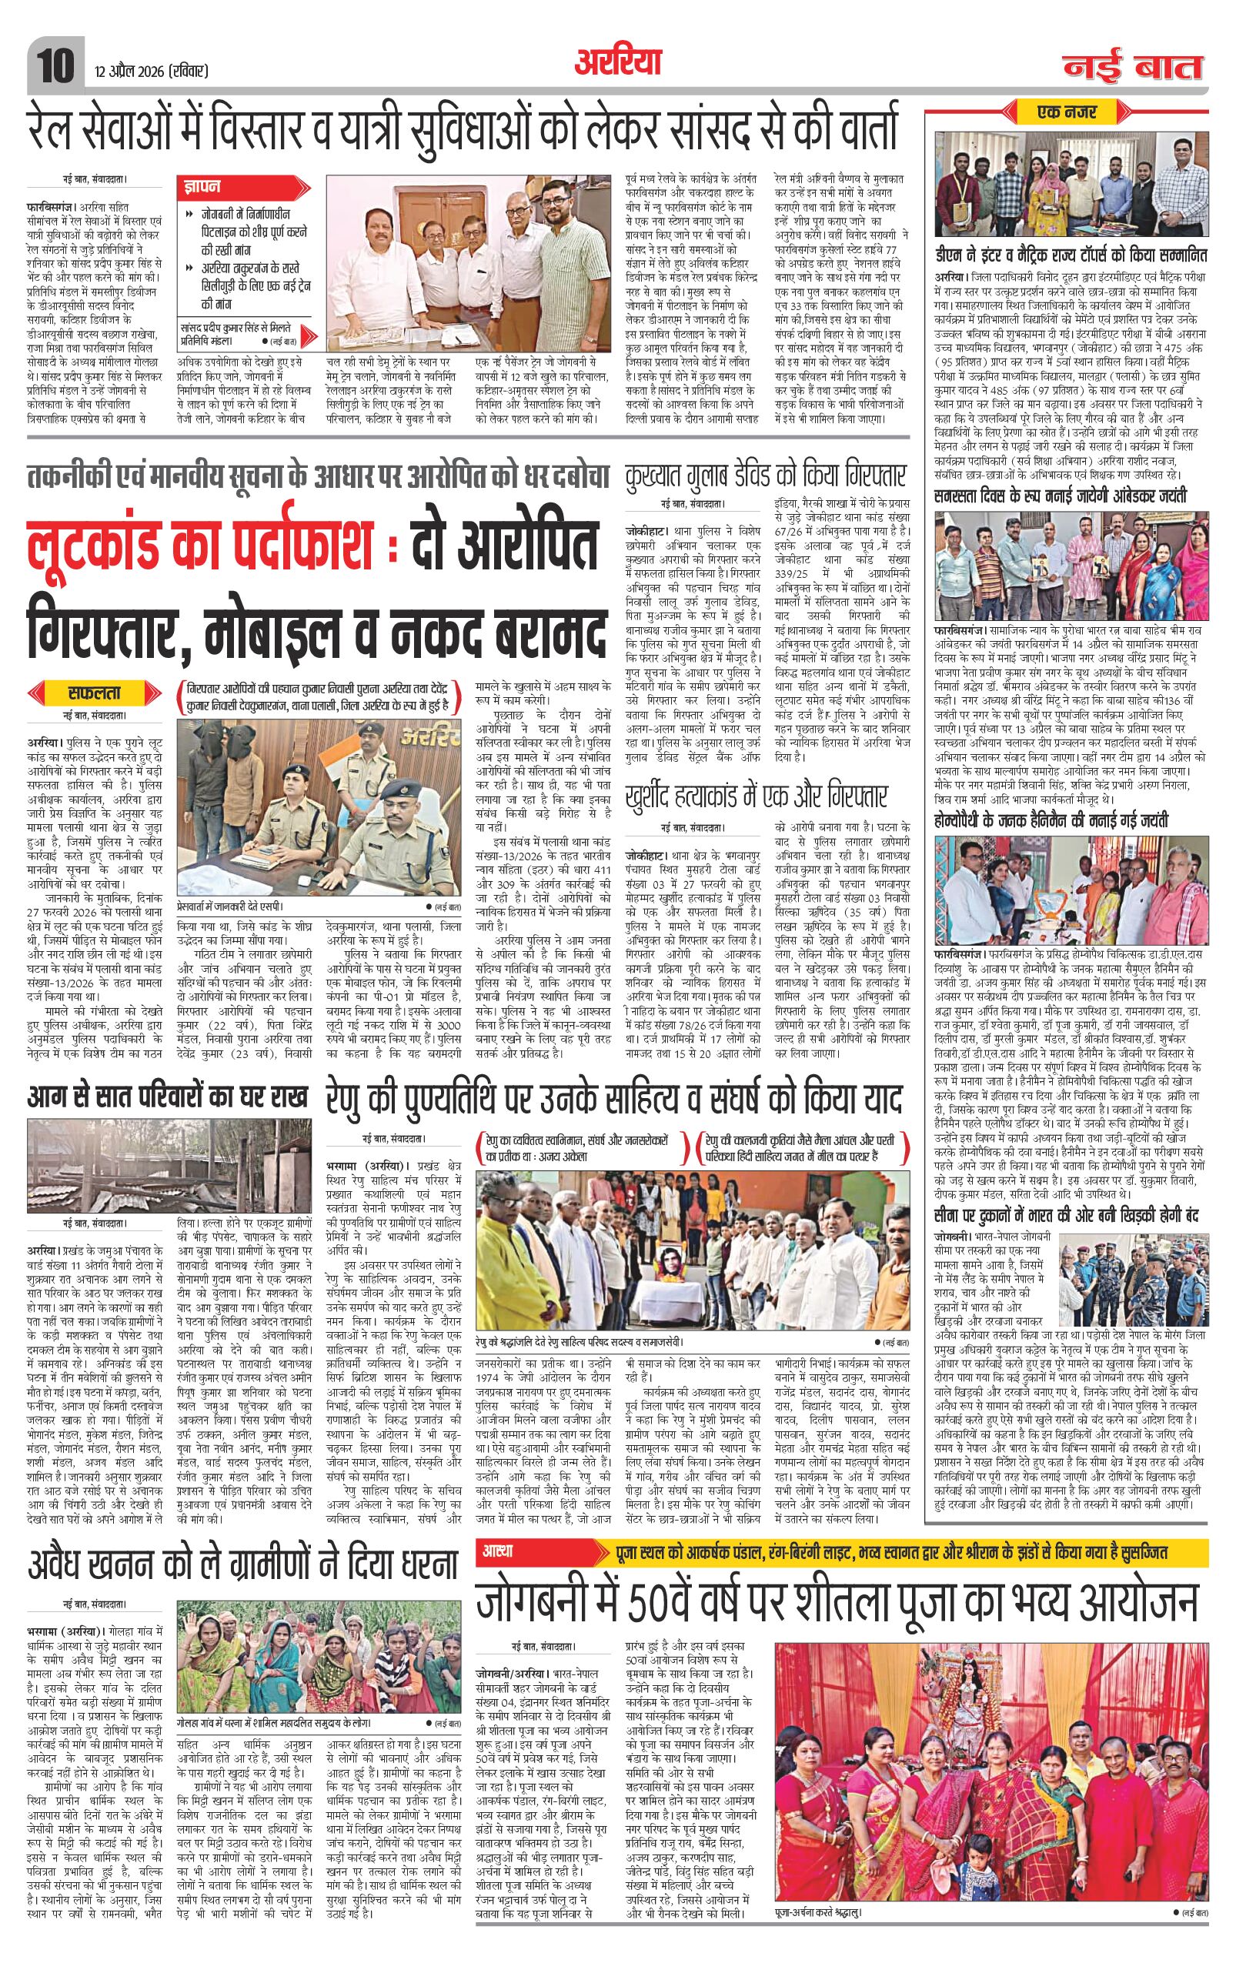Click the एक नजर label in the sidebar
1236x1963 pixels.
(1071, 111)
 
